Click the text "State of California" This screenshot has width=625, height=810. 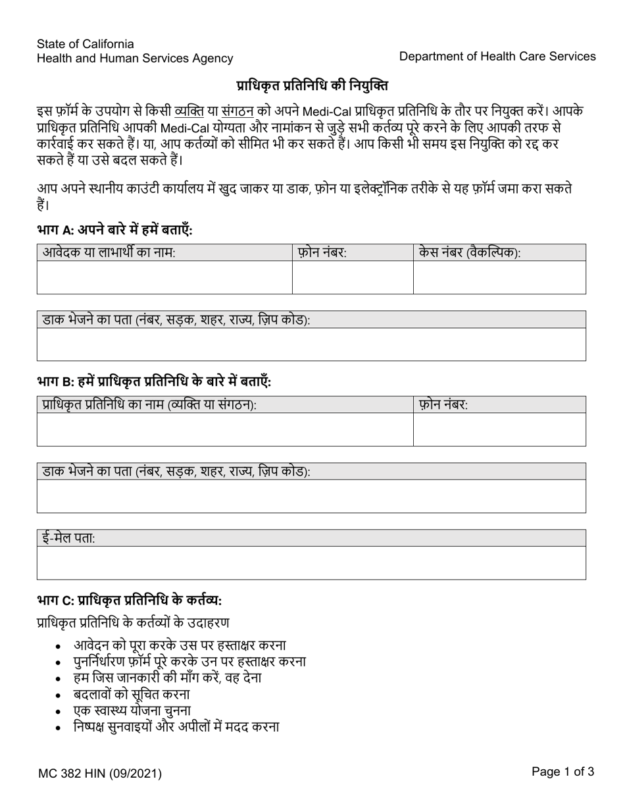point(86,44)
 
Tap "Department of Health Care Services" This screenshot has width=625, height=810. point(497,57)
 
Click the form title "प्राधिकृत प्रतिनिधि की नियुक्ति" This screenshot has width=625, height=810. point(312,86)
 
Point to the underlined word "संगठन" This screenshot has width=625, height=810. point(238,110)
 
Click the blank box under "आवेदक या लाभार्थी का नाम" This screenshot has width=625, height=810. point(164,277)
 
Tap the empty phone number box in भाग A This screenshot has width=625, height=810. point(352,277)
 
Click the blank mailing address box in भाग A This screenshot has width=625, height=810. point(311,344)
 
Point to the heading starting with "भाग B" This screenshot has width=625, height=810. point(154,381)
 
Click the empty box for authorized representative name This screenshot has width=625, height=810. point(225,429)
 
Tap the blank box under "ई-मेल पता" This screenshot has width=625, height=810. point(311,563)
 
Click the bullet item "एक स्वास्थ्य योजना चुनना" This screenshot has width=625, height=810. point(132,711)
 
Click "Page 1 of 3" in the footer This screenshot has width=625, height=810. point(562,772)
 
